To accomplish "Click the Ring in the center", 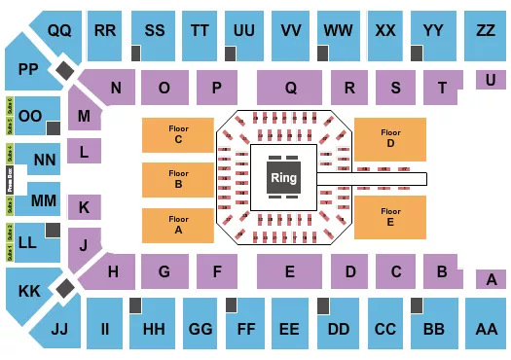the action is click(x=282, y=178).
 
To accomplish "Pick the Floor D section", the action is click(x=389, y=139).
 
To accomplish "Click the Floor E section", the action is click(x=389, y=215).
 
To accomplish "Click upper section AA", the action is click(x=484, y=330).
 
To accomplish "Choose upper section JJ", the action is click(x=60, y=331).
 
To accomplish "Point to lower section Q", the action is click(x=290, y=88).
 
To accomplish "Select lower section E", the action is click(x=290, y=272).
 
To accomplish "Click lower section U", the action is click(x=487, y=80).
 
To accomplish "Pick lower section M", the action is click(x=85, y=116).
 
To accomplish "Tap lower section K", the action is click(x=85, y=207).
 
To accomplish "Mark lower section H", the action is click(x=114, y=271).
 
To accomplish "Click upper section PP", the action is click(x=25, y=70).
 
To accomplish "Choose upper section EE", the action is click(x=290, y=330).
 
